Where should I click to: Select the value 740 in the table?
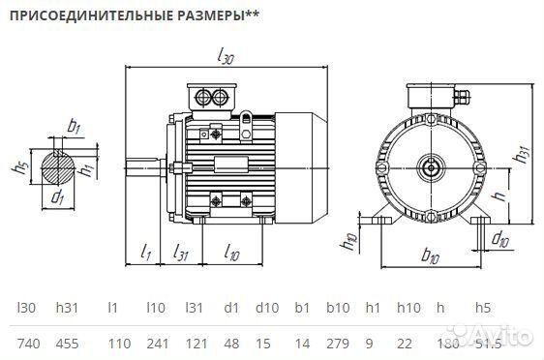pos(29,344)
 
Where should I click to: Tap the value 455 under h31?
pos(68,344)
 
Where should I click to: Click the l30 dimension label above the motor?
pos(227,57)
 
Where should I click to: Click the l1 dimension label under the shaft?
pos(146,254)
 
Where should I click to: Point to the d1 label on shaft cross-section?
pos(57,198)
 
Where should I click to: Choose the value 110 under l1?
pos(118,344)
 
